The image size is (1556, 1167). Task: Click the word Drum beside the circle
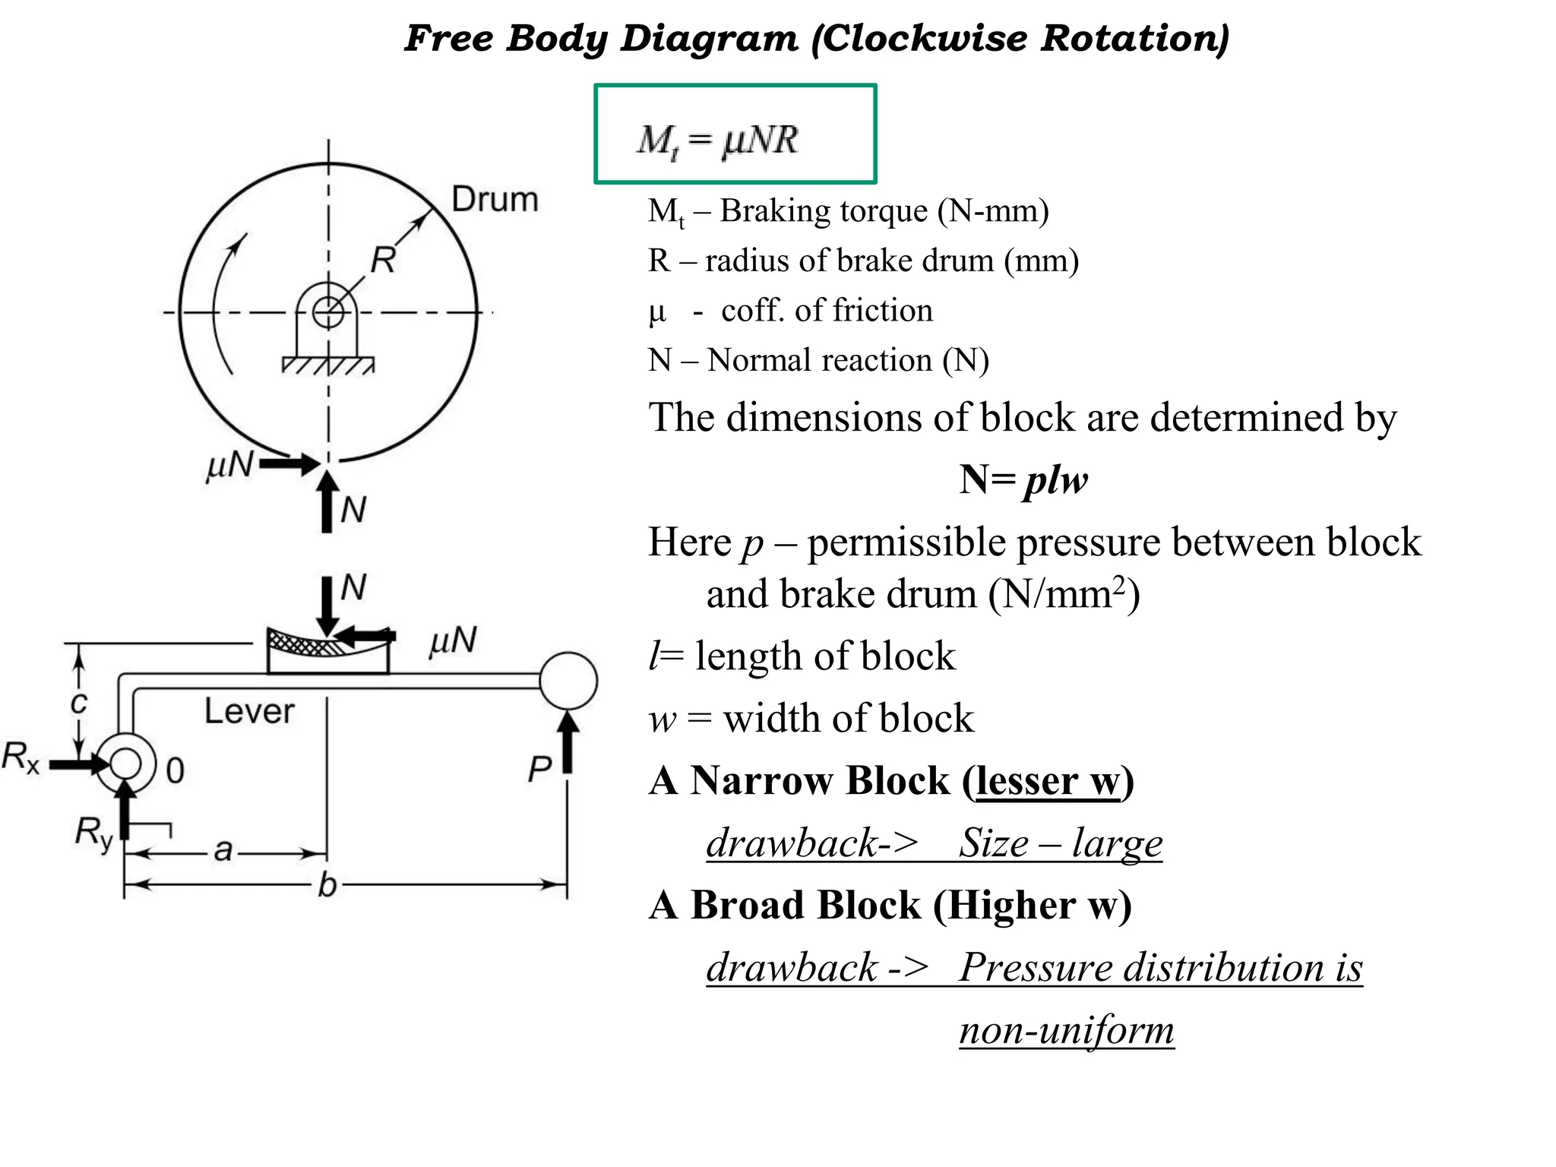[495, 199]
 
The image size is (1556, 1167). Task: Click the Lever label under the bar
[249, 711]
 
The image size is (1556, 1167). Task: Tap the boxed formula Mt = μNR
[718, 141]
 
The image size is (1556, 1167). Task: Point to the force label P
[539, 769]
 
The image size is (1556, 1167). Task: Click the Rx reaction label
[21, 757]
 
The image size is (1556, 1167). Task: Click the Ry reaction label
[94, 833]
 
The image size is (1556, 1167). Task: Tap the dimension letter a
[223, 849]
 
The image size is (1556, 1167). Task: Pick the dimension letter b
[327, 884]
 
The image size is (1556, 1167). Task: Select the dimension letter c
[78, 703]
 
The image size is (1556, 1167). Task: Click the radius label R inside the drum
[383, 260]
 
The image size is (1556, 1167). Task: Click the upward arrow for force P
[568, 742]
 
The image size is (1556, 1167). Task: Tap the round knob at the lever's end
[568, 681]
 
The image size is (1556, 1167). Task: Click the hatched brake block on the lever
[327, 650]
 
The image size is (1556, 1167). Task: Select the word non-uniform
[1067, 1030]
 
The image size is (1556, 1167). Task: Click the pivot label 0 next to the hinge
[176, 770]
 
